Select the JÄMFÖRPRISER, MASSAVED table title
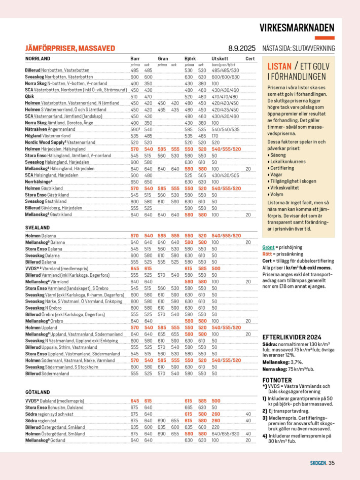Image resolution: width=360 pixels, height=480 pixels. (x=70, y=49)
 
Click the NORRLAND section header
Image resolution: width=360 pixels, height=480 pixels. (x=38, y=59)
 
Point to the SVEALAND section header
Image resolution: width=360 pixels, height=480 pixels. (x=38, y=228)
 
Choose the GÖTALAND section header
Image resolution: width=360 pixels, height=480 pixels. (x=38, y=392)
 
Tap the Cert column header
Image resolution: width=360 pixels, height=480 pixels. (x=250, y=59)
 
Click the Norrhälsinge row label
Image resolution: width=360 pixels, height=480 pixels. (x=39, y=181)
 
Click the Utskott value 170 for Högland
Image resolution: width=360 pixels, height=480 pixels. (x=215, y=136)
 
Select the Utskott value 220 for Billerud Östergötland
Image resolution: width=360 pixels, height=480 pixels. (x=215, y=427)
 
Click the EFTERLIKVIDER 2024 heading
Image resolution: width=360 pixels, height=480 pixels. (x=292, y=337)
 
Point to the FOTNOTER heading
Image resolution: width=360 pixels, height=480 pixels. (x=277, y=380)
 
